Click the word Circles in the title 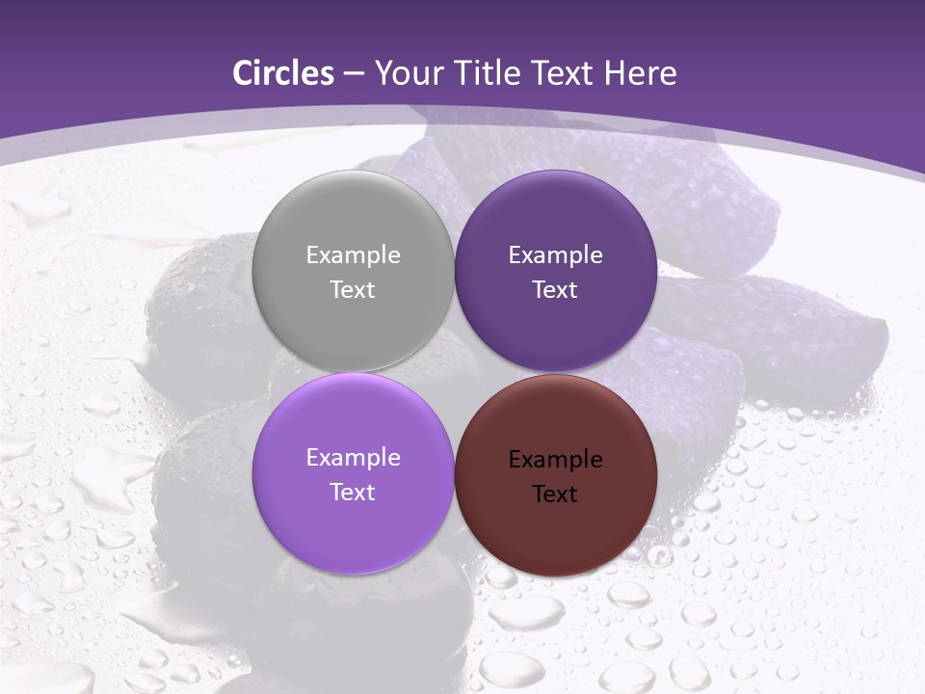[283, 73]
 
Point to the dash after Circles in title [354, 74]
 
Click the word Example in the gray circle [353, 255]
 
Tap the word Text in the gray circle [353, 290]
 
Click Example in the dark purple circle [555, 255]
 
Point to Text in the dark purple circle [555, 290]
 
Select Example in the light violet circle [353, 458]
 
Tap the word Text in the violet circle [353, 493]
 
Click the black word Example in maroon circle [555, 460]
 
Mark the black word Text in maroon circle [555, 494]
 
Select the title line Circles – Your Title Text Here [455, 73]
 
